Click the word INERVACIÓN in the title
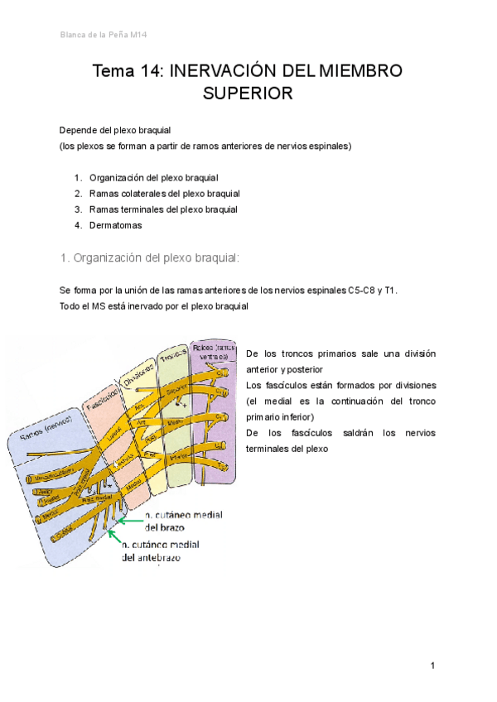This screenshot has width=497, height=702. (x=223, y=71)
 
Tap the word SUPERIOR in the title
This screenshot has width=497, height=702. (x=248, y=94)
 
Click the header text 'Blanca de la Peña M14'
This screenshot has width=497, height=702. (x=104, y=35)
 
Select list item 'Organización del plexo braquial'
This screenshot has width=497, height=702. (x=153, y=177)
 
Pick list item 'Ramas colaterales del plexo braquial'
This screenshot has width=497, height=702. (x=165, y=193)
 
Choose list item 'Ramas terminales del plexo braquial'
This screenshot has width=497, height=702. (x=163, y=209)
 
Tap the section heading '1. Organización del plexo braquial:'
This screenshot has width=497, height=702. (x=149, y=258)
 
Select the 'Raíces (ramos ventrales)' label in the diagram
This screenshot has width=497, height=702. (x=213, y=351)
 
